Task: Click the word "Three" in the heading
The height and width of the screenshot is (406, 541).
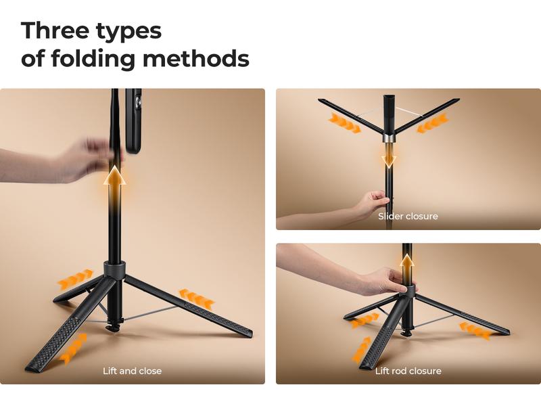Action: click(58, 30)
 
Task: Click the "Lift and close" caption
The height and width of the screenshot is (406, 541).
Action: click(132, 371)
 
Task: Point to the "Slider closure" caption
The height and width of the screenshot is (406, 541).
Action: click(408, 217)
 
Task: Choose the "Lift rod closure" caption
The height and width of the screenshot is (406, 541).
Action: click(408, 371)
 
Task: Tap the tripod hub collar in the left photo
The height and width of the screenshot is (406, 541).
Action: click(115, 269)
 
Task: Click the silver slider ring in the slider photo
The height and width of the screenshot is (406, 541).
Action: click(388, 138)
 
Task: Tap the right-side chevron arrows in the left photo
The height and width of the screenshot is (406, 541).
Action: click(196, 298)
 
